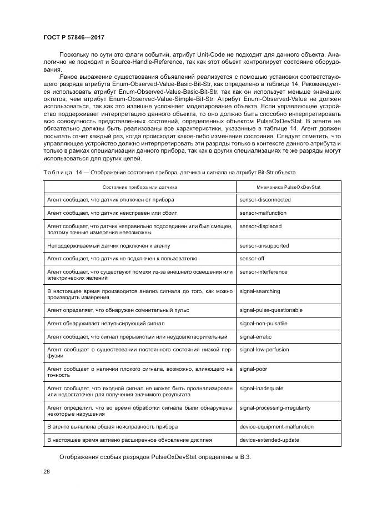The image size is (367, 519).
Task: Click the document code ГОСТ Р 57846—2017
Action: point(74,37)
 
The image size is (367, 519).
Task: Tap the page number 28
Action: point(47,471)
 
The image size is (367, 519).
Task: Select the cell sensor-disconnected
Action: point(265,199)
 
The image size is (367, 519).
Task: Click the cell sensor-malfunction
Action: point(264,213)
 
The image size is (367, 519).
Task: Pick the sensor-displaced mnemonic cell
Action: point(260,226)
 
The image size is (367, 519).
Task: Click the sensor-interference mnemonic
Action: point(263,272)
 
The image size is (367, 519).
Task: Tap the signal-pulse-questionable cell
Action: point(272,309)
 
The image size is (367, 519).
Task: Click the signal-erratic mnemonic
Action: point(256,336)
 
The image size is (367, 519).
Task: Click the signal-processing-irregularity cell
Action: point(275,407)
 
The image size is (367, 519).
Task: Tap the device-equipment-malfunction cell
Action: point(276,427)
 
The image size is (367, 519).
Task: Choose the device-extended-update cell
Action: point(269,440)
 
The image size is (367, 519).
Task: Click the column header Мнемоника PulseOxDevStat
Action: point(289,187)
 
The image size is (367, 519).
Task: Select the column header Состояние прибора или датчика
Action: point(140,187)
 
